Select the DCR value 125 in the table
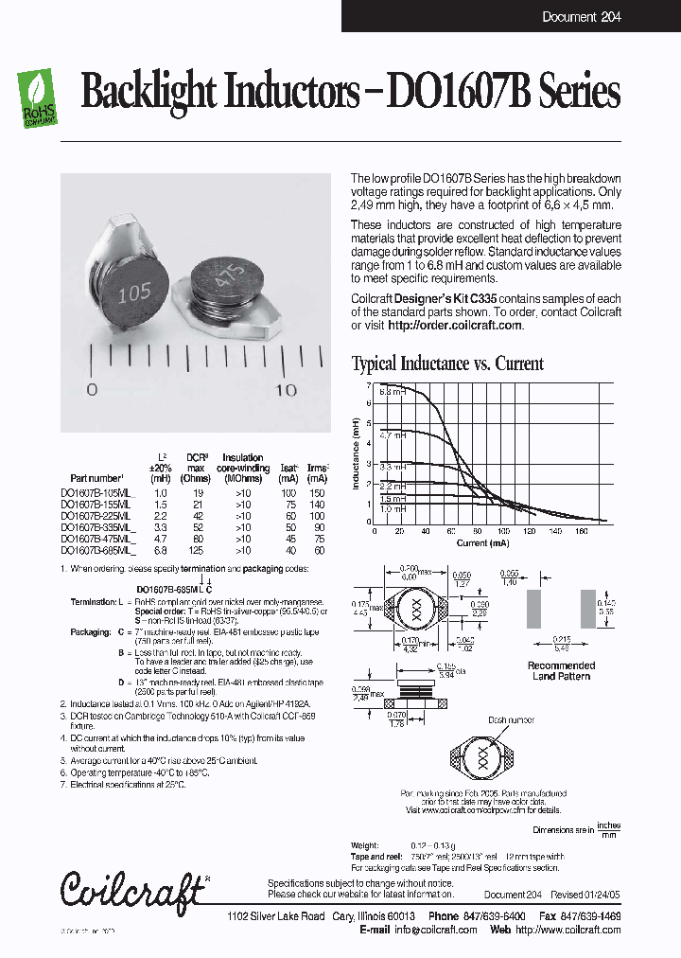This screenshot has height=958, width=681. pyautogui.click(x=197, y=550)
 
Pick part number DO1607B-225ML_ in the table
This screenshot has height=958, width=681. pyautogui.click(x=98, y=516)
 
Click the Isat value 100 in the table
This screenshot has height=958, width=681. pyautogui.click(x=288, y=493)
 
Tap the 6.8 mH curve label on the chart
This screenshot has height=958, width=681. pyautogui.click(x=392, y=391)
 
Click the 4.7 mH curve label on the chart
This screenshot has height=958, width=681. pyautogui.click(x=392, y=436)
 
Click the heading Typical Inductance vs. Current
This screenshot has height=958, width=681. pyautogui.click(x=447, y=364)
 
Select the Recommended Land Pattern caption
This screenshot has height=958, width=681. pyautogui.click(x=561, y=670)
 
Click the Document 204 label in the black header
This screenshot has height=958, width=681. pyautogui.click(x=582, y=17)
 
